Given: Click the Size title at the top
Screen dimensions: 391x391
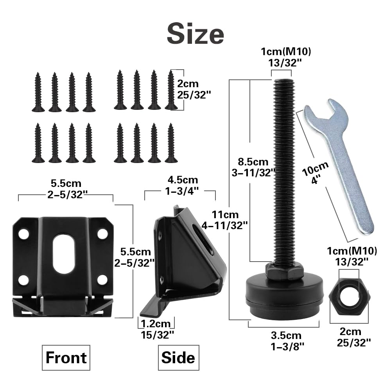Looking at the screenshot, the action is [195, 34].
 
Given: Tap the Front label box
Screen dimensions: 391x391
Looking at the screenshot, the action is [66, 358].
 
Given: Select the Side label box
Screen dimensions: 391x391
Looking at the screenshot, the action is [178, 358].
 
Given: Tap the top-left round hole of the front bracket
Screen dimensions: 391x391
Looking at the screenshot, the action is [24, 234].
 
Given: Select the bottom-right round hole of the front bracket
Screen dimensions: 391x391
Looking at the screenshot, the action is [102, 280].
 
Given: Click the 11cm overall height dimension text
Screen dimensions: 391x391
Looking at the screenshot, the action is [224, 220].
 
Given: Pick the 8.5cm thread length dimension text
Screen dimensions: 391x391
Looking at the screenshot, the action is [253, 167].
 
